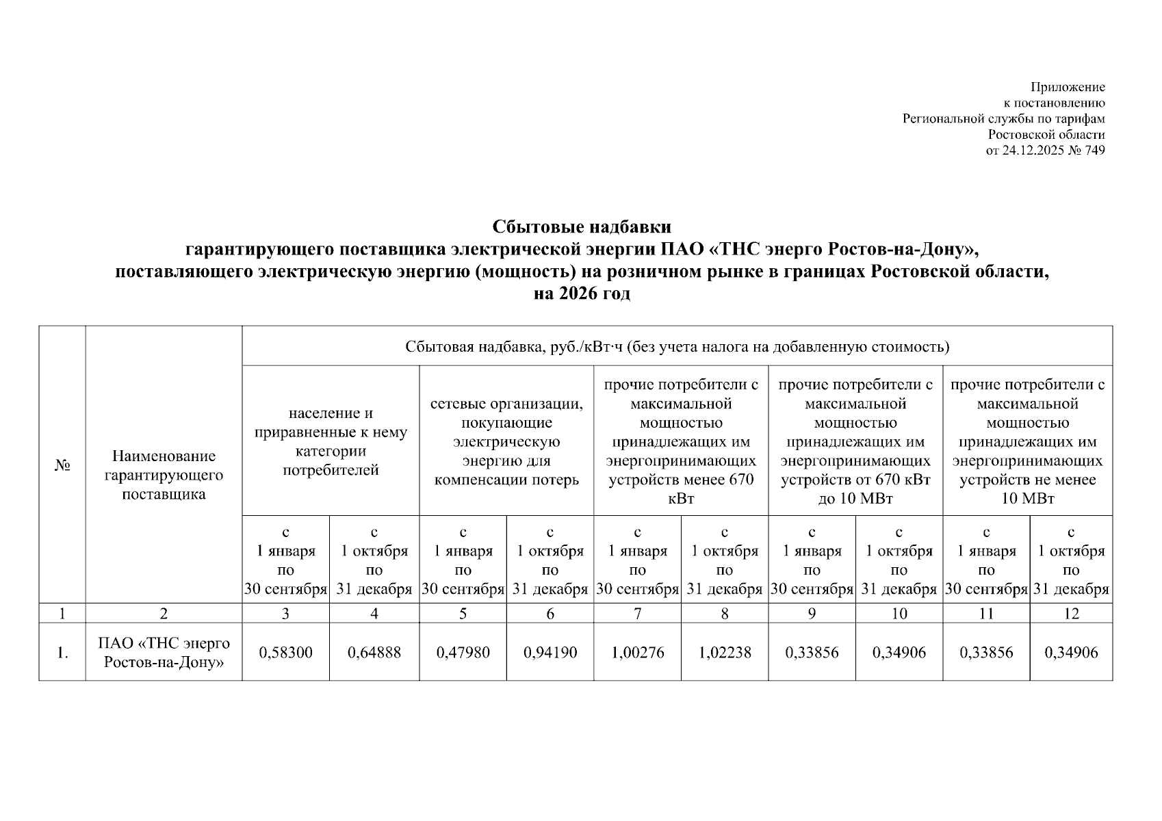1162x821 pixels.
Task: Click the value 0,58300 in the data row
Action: point(285,653)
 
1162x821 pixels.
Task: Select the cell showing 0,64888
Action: point(374,653)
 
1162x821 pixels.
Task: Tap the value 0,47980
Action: point(463,653)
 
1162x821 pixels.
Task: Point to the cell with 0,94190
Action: point(550,653)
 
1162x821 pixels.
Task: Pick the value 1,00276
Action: point(637,653)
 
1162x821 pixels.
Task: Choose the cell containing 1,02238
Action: point(725,653)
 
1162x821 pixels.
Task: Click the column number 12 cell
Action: point(1071,614)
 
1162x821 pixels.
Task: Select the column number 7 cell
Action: point(637,614)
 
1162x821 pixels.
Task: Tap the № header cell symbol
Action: point(62,466)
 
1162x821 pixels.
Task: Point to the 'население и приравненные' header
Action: point(331,441)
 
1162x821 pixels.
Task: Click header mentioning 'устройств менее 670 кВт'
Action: point(681,441)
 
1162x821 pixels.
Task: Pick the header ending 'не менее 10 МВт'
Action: point(1027,441)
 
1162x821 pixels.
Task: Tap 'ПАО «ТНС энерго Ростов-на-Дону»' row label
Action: point(164,653)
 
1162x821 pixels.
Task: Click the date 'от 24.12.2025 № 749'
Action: point(1045,151)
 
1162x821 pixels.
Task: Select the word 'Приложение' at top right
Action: point(1068,87)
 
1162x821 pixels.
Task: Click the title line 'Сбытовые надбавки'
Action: point(582,226)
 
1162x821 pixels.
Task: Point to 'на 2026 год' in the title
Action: point(582,294)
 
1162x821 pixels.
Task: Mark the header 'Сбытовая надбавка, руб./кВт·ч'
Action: point(677,347)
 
